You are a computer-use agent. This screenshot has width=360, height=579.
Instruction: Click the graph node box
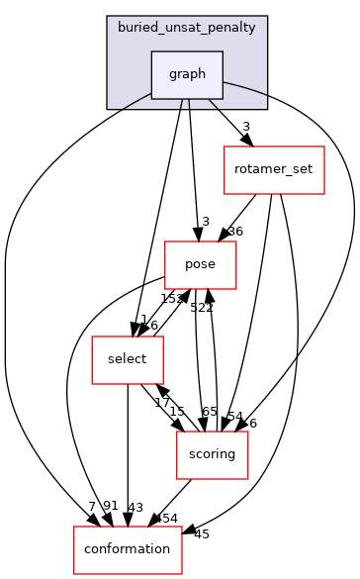(x=186, y=74)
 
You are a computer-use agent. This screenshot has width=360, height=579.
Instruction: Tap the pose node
(x=199, y=264)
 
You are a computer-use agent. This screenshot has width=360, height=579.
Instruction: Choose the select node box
(x=127, y=359)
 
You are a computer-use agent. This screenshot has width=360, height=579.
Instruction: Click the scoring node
(x=211, y=454)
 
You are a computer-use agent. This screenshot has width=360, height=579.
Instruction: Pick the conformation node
(x=128, y=549)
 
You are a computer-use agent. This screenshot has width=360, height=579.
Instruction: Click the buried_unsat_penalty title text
(x=188, y=27)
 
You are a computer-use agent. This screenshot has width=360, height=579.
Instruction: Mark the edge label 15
(x=176, y=411)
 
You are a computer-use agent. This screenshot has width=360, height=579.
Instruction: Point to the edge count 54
(x=234, y=416)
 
